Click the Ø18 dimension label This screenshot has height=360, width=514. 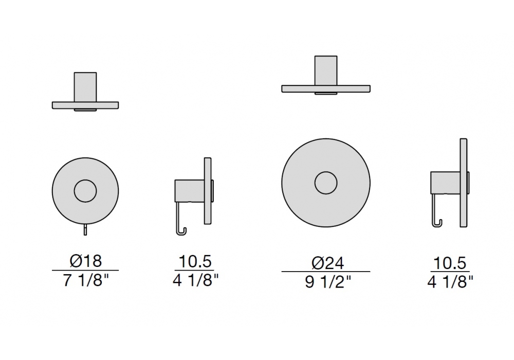tap(85, 261)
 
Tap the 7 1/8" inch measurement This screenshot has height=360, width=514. tap(85, 280)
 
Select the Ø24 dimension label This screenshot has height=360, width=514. tap(327, 263)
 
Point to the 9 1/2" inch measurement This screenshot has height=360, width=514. tap(327, 282)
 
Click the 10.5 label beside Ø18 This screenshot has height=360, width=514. tap(195, 262)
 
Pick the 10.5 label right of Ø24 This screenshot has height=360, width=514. tap(450, 263)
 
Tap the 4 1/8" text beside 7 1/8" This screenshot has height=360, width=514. tap(195, 280)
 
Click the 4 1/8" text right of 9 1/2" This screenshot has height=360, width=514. tap(450, 282)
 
